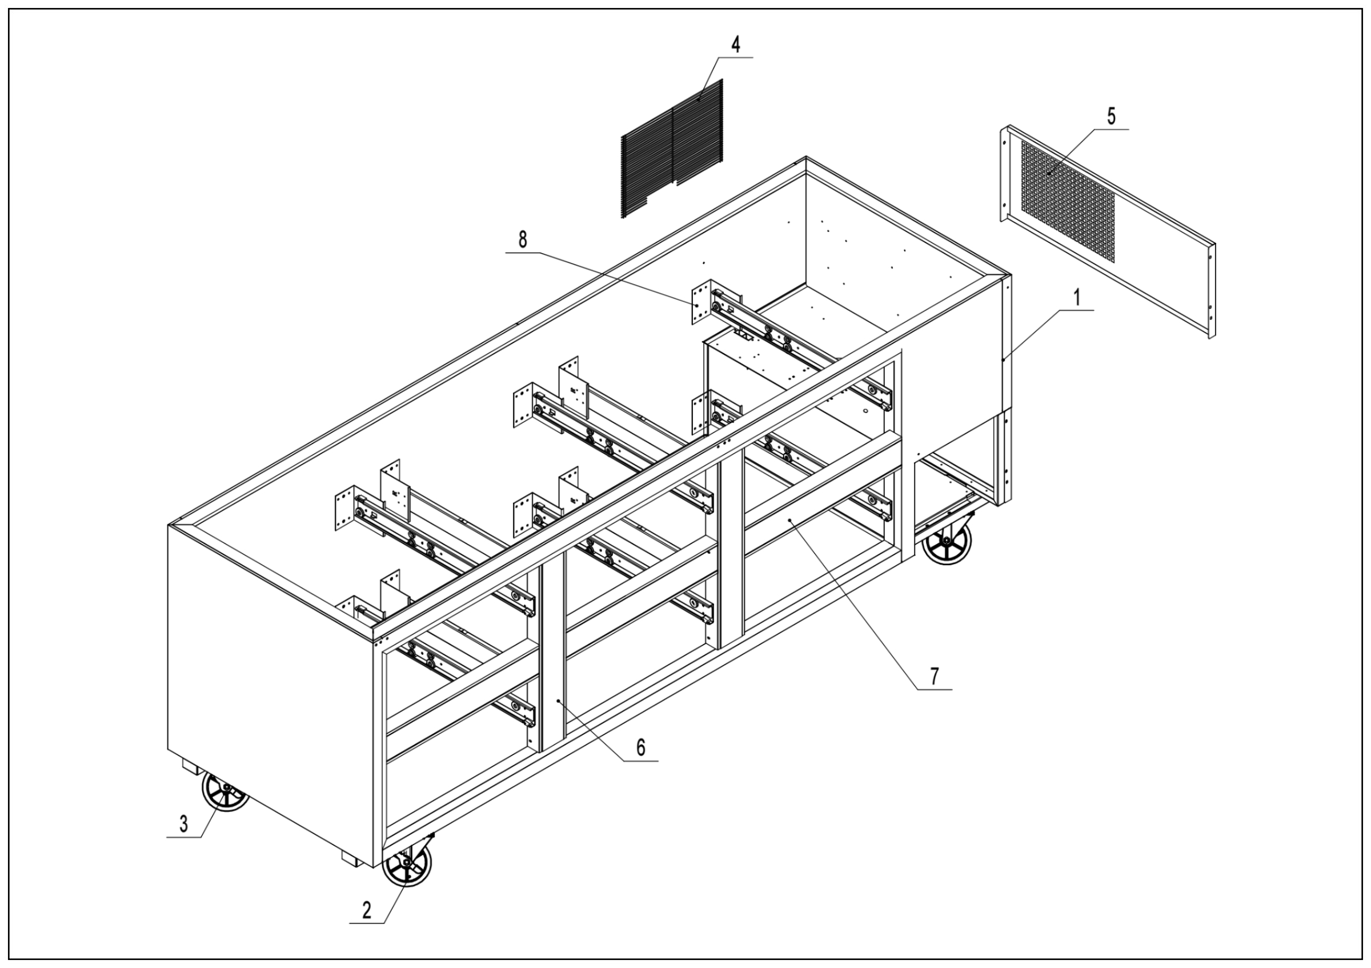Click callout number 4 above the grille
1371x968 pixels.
(736, 45)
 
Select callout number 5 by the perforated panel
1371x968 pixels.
(1111, 117)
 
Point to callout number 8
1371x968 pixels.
(523, 240)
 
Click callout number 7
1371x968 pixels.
(935, 676)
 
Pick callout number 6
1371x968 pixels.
(640, 747)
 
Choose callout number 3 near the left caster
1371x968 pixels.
(184, 824)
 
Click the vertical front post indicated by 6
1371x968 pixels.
(554, 657)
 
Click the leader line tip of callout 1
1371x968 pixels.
(1004, 359)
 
